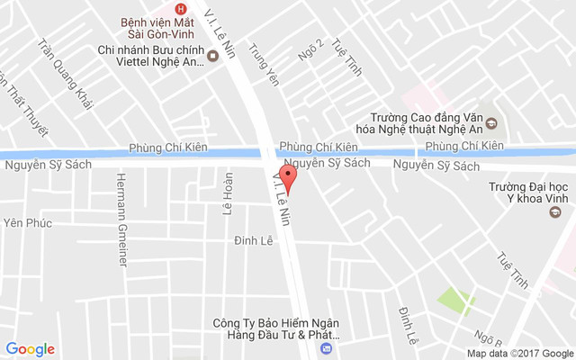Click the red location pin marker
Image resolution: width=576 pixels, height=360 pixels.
pos(288,175)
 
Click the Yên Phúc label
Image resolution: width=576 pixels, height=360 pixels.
pos(28,223)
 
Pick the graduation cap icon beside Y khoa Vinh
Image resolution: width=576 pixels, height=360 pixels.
pos(558,212)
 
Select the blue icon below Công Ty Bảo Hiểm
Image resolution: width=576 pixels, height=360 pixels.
pos(326,347)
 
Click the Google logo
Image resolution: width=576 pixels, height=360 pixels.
pos(30,349)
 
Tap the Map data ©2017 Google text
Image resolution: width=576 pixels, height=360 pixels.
pos(519,354)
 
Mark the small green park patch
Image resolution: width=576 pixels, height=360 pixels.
pos(455,300)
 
